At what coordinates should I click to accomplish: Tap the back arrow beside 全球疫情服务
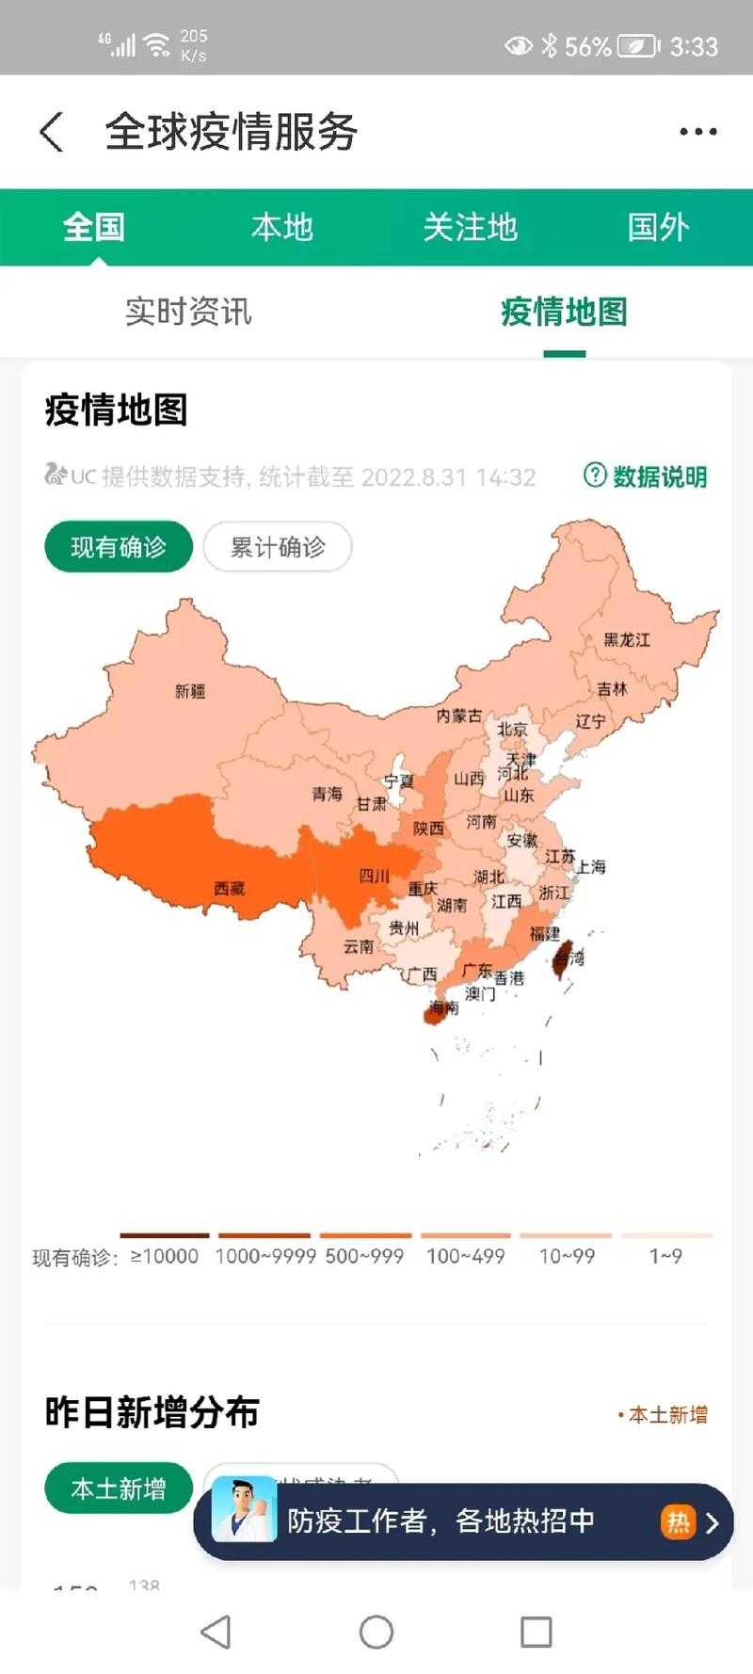pos(53,132)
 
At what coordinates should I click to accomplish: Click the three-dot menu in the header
pos(698,132)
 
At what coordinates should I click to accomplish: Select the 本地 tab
pos(281,227)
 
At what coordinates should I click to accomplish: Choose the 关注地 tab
pos(470,227)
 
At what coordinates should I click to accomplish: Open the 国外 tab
pos(658,227)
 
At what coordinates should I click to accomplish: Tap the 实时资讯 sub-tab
pos(188,312)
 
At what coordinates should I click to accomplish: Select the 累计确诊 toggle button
pos(278,547)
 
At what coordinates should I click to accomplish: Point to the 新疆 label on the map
pos(190,691)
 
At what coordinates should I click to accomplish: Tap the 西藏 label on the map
pos(229,888)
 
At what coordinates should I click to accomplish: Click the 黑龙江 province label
pos(627,640)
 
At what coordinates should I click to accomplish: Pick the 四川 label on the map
pos(374,877)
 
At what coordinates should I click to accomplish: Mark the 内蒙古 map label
pos(458,716)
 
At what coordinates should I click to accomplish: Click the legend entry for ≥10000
pos(165,1255)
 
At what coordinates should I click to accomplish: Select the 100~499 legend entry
pos(465,1255)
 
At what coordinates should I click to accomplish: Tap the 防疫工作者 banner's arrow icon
pos(712,1522)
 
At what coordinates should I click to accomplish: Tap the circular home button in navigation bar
pos(376,1632)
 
